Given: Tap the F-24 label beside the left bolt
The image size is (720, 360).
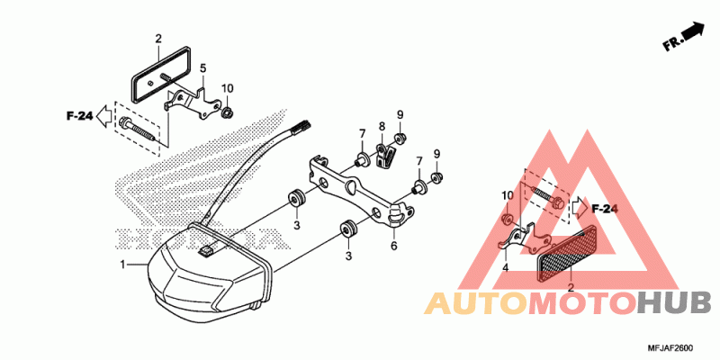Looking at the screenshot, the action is coord(79,116).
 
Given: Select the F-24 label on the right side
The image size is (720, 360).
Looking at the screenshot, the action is coord(604,209).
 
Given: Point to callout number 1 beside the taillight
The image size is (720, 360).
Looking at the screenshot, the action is coord(123,266).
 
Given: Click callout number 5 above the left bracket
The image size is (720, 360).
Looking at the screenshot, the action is coord(202,67).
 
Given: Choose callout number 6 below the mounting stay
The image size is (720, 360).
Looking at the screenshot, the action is coord(393,246).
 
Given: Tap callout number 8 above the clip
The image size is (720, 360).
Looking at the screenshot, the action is coord(382,126).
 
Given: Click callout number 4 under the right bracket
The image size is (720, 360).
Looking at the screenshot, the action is coord(505,267).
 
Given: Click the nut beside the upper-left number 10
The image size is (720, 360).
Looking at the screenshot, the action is coord(228,112).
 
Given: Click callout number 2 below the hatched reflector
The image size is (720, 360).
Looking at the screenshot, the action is coord(570,289).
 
